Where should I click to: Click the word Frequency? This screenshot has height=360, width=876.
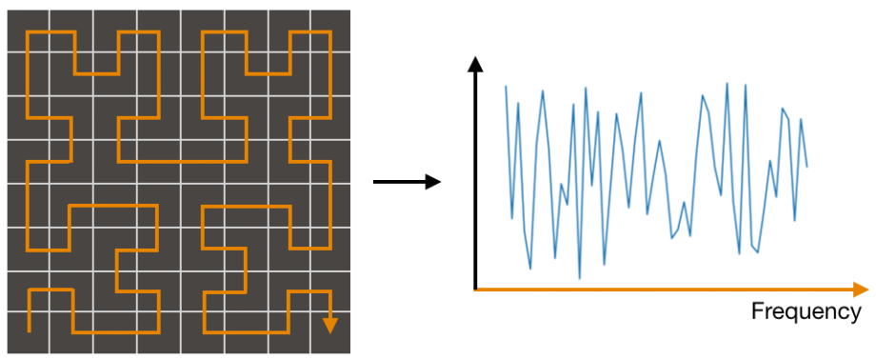coord(806,312)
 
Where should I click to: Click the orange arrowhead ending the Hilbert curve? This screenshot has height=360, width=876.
coord(329,325)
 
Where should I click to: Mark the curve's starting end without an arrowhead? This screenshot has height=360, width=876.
coord(30,330)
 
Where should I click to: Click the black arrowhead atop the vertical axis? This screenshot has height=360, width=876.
coord(475,66)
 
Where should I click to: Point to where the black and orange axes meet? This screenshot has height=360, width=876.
coord(475,288)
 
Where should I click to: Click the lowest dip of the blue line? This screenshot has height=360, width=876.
coord(579,278)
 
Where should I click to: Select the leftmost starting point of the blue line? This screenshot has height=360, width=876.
coord(506,87)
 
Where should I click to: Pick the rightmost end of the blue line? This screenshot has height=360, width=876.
coord(806,167)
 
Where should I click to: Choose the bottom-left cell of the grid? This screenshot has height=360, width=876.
coord(29,332)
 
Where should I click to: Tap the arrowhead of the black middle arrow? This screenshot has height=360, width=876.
coord(434,181)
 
